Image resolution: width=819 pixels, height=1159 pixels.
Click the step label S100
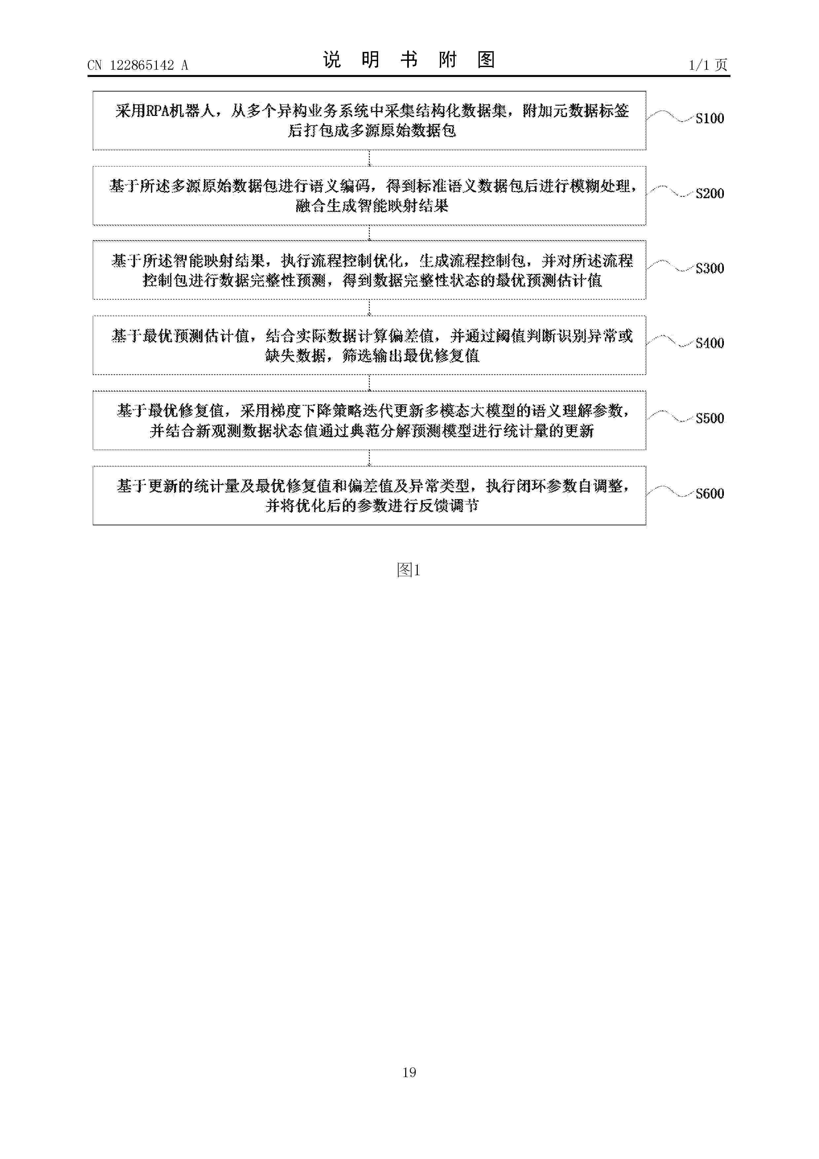709,118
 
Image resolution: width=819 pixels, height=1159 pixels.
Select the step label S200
709,193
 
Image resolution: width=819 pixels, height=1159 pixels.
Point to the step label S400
709,343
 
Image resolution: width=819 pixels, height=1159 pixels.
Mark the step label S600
709,493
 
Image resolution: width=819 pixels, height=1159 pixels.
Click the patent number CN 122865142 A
138,65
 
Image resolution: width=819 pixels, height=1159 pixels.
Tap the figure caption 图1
409,570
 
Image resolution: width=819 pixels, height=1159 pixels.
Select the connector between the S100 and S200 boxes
370,158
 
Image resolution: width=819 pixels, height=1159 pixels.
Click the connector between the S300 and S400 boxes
370,307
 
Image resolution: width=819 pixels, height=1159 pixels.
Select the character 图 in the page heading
486,59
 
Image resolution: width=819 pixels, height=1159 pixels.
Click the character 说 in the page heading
332,59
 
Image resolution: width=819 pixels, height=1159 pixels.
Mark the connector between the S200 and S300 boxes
370,233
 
